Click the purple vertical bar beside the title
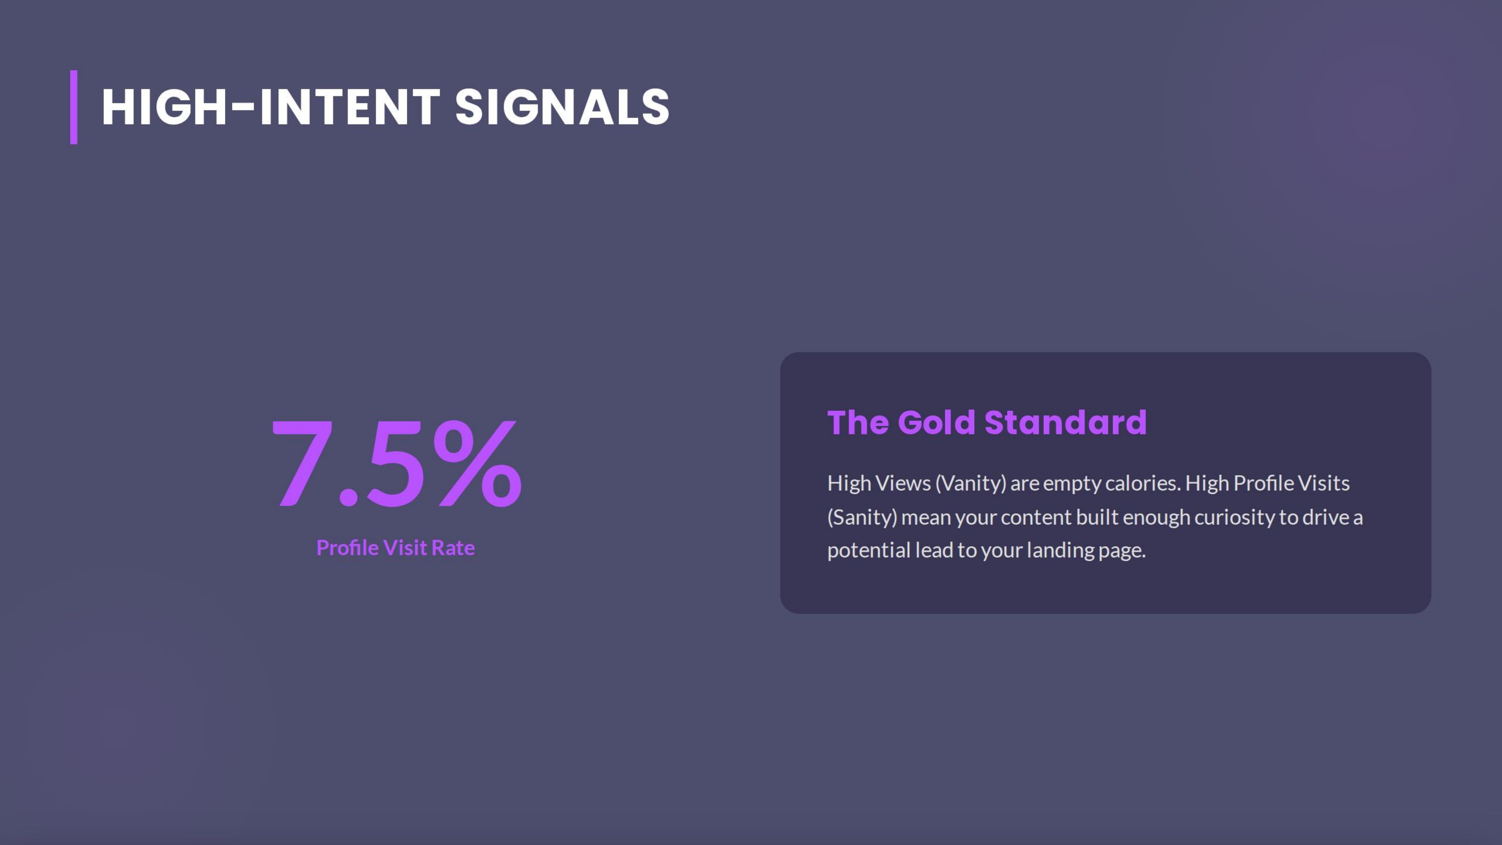pyautogui.click(x=73, y=107)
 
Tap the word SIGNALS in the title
pyautogui.click(x=562, y=107)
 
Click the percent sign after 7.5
pyautogui.click(x=478, y=464)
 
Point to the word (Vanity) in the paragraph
pyautogui.click(x=971, y=483)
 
